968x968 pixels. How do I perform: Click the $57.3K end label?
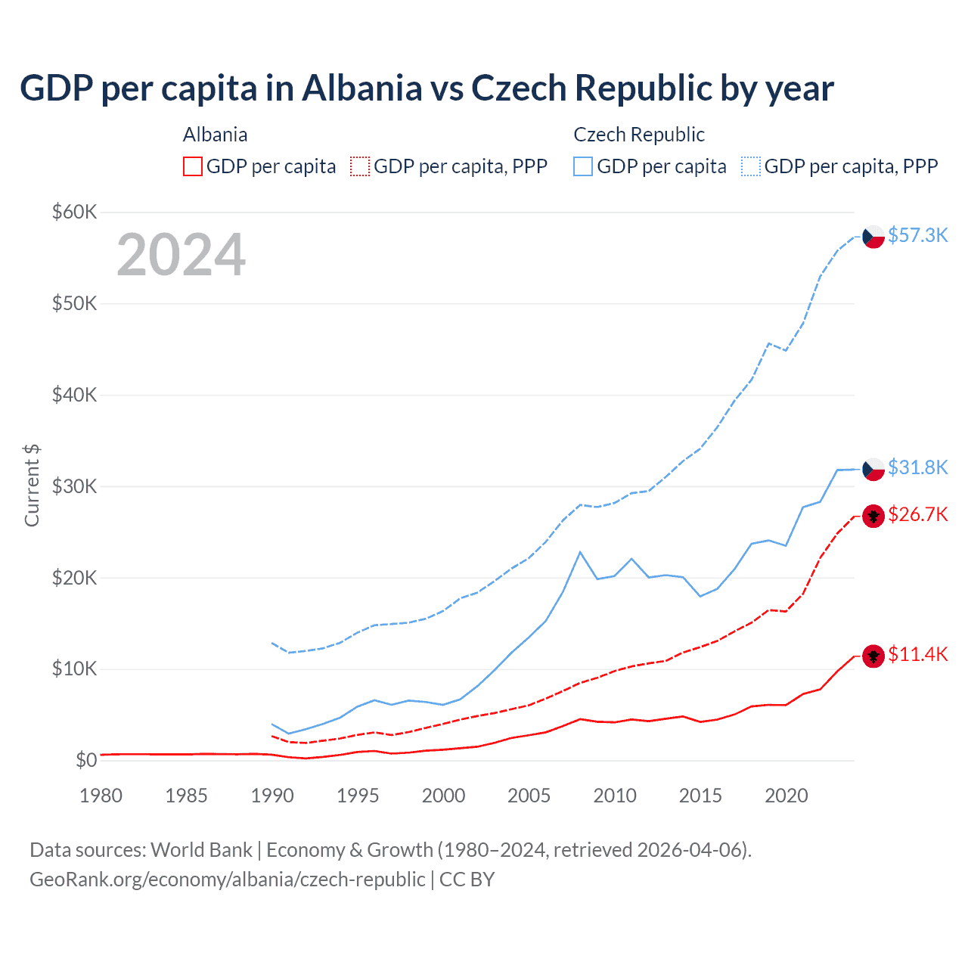[917, 235]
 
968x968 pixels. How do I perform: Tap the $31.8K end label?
[917, 467]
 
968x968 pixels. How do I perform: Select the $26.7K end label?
[917, 514]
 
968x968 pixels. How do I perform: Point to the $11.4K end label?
[917, 654]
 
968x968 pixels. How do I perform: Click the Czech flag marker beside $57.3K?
[873, 237]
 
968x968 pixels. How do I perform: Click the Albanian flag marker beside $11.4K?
[873, 656]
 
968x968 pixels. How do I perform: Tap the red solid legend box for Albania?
[193, 166]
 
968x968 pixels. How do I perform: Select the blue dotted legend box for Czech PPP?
[751, 166]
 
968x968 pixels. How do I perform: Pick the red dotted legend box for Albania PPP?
[360, 166]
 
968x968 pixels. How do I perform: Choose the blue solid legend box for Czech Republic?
[583, 166]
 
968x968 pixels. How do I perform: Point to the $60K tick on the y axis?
[74, 212]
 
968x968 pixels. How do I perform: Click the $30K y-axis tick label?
[74, 486]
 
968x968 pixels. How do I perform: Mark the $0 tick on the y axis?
[86, 760]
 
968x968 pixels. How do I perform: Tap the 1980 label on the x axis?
[101, 796]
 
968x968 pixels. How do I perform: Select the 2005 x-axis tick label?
[529, 796]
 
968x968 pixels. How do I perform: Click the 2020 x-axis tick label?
[786, 796]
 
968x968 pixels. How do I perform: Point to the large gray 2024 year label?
[181, 255]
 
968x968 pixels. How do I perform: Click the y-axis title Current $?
[32, 486]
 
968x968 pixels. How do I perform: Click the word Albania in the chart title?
[361, 88]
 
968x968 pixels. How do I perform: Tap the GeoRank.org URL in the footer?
[227, 880]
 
